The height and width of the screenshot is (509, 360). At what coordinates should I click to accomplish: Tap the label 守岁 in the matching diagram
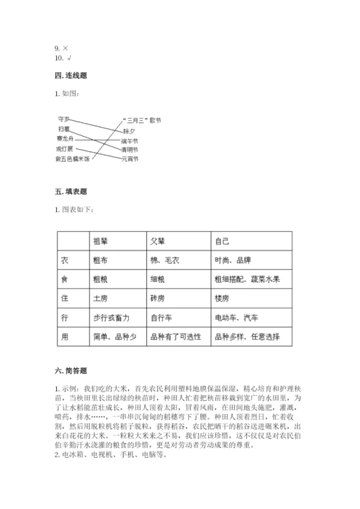tap(63, 118)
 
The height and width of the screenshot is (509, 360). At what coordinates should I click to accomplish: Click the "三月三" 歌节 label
tap(142, 120)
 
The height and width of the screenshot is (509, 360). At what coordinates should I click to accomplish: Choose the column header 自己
tap(222, 240)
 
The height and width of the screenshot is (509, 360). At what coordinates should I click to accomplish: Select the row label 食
tap(66, 278)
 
